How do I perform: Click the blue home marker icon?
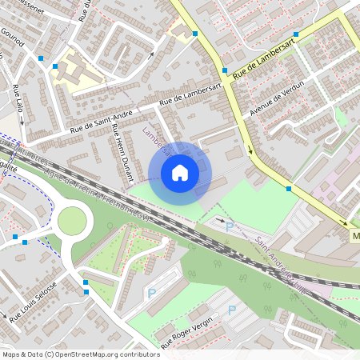click(x=180, y=173)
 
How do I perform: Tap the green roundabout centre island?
click(x=71, y=221)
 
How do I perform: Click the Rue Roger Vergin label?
click(x=182, y=332)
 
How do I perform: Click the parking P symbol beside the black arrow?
click(x=230, y=226)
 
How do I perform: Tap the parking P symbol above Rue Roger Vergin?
click(x=232, y=310)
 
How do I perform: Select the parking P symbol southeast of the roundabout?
click(x=152, y=294)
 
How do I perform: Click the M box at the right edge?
click(x=354, y=237)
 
